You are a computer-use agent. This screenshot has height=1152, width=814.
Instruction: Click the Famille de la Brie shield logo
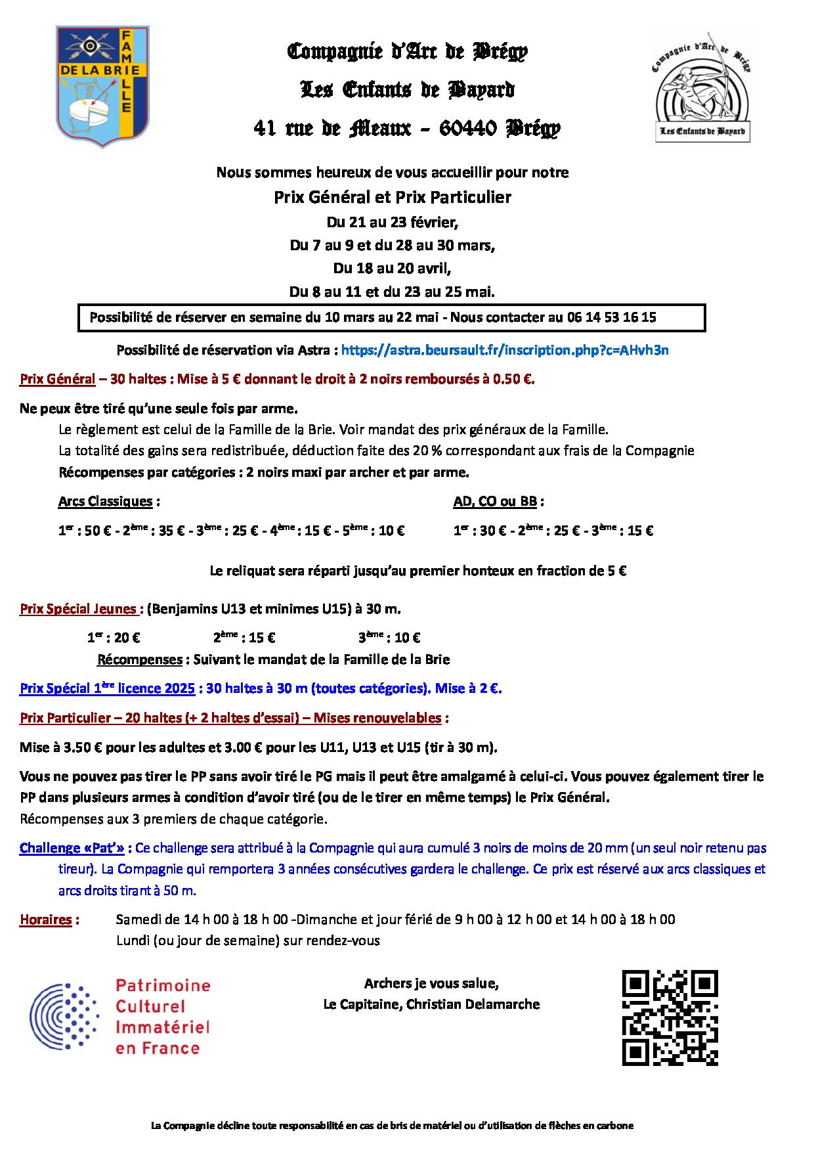tap(102, 86)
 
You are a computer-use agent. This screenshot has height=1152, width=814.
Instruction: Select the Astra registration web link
tap(505, 350)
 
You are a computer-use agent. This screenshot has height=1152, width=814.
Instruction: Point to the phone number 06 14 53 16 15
tap(611, 318)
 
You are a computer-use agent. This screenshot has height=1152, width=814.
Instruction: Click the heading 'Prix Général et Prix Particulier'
tap(393, 197)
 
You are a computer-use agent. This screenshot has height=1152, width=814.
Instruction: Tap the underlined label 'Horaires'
tap(45, 919)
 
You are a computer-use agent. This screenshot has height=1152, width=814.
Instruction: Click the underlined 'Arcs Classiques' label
tap(105, 502)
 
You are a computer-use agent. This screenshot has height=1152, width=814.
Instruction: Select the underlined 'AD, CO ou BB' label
tap(495, 502)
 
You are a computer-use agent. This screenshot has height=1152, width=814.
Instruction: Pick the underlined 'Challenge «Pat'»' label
tap(72, 848)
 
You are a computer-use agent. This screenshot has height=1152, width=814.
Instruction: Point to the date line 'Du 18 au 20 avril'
tap(393, 268)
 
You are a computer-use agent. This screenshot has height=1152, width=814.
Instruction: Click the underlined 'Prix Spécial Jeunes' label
tap(78, 609)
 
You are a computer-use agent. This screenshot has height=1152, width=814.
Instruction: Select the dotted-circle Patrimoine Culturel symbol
tap(64, 1017)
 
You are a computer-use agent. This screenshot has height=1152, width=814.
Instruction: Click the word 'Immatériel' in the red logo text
tap(162, 1027)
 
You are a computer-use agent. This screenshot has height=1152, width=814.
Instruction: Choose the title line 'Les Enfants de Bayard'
tap(407, 90)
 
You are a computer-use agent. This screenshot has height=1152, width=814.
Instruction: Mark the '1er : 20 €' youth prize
tap(114, 637)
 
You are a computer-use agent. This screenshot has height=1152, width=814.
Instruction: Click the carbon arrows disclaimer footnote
tap(393, 1126)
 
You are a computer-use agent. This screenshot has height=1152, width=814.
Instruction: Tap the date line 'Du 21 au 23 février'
tap(393, 222)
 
